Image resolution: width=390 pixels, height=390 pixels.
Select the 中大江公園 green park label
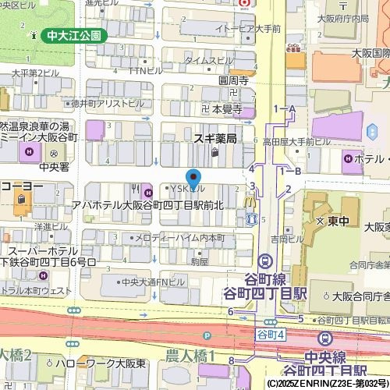click(74, 36)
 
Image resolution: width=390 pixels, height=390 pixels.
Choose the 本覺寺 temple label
click(222, 110)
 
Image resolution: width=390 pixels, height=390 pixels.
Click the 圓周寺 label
click(233, 80)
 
